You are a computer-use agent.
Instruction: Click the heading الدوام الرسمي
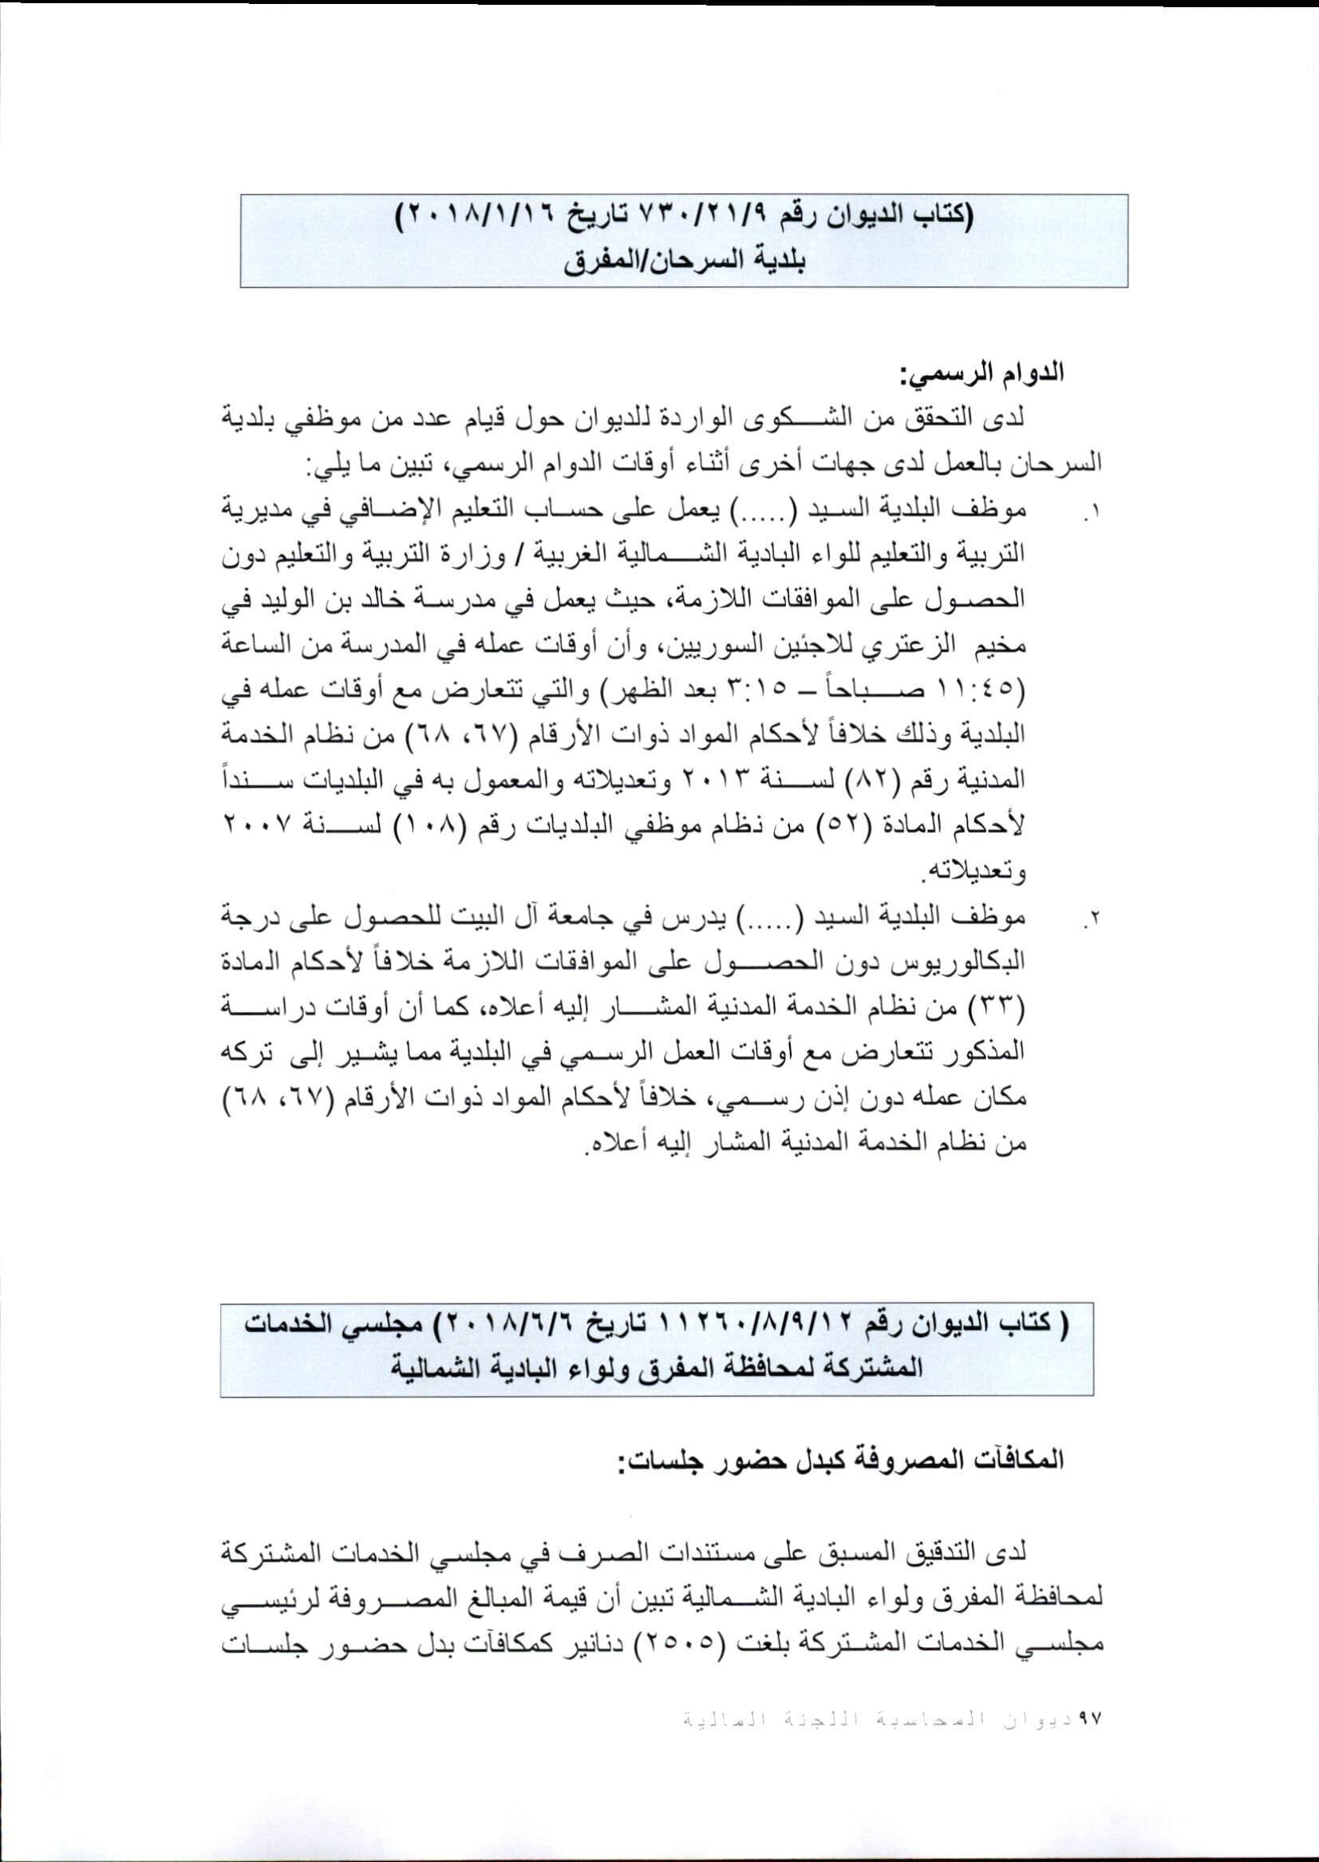981,376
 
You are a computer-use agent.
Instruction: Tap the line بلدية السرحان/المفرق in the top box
683,264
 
